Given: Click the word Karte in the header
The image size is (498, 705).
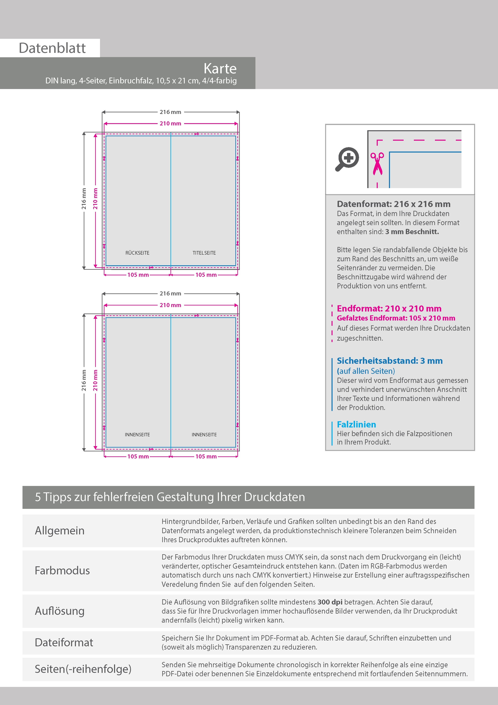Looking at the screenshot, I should point(220,69).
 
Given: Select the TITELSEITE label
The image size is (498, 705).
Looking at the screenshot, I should point(204,253).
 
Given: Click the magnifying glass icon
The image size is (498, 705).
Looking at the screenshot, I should point(347,159).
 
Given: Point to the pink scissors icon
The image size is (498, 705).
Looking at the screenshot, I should point(377,164).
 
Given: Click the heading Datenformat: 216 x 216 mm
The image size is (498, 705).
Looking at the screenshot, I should point(394,204).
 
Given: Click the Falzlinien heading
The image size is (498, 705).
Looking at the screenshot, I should point(356,424).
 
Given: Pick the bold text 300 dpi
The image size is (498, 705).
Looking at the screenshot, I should point(330,602).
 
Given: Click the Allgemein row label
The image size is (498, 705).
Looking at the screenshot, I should point(59,530).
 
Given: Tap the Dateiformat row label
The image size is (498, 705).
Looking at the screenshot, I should point(64,642).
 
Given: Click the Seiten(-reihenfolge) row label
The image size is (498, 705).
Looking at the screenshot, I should point(83,669).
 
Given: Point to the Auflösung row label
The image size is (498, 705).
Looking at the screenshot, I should point(59,611).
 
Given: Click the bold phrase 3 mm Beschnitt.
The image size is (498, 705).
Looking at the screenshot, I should point(412,232).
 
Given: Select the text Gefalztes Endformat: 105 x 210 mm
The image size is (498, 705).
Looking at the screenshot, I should point(396,318).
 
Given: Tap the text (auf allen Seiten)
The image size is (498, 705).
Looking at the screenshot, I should point(366,371).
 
